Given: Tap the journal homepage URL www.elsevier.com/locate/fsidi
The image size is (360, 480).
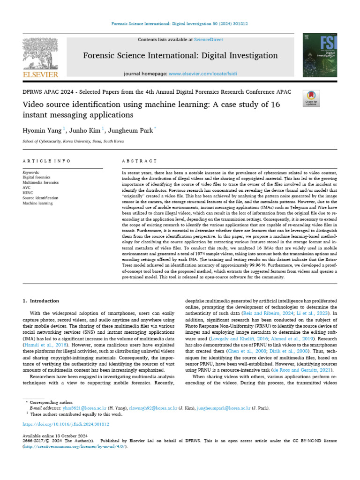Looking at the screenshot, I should tap(202, 74).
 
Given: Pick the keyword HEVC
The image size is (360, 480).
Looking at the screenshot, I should tap(28, 193).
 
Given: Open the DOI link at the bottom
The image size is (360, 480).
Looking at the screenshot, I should tap(66, 424).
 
